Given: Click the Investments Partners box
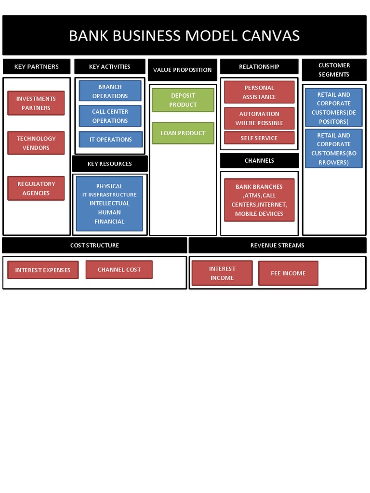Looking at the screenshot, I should pos(36,103).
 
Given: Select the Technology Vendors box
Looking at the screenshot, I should pos(36,143).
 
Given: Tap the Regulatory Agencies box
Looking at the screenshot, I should pos(36,188).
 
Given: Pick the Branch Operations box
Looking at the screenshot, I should pos(110,91).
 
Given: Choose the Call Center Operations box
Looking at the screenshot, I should pos(110,116).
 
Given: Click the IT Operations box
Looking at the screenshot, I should pos(110,140).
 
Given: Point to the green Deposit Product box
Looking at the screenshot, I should pos(183,100).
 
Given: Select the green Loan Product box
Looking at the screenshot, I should pos(183,133).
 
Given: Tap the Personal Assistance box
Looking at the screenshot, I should pos(259,92).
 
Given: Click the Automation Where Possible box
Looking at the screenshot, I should pos(259,118).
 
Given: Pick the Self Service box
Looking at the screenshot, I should pos(259,138).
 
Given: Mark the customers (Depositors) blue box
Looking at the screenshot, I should pos(333,108).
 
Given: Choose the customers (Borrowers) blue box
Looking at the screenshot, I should pos(333,149).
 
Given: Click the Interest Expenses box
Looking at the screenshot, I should pos(43,270).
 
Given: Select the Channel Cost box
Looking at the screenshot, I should pos(119,270).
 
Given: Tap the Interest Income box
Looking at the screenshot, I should pos(222,273).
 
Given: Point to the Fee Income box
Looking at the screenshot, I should pos(288,273).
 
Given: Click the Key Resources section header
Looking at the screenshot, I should pos(110,164).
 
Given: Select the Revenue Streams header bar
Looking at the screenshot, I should pos(277,246).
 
